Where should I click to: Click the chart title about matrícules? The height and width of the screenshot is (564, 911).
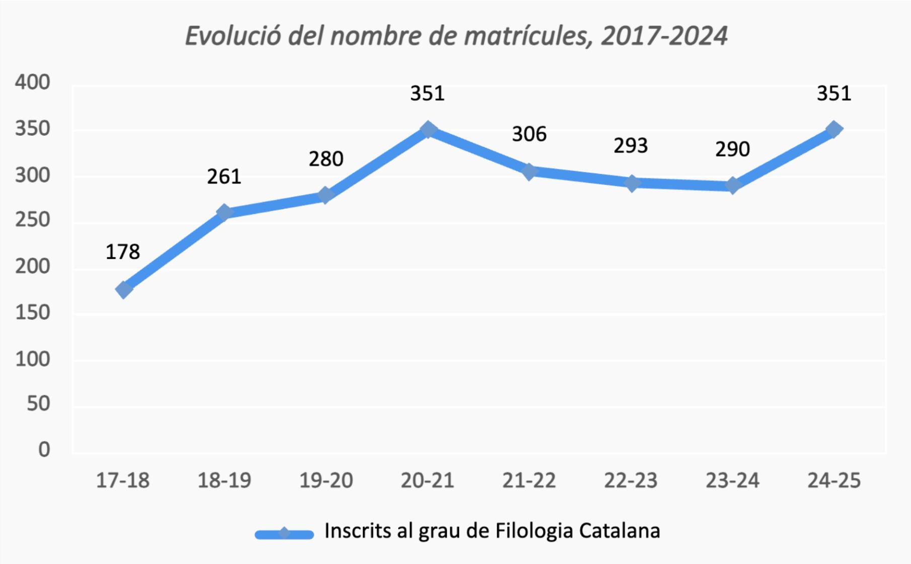pyautogui.click(x=456, y=36)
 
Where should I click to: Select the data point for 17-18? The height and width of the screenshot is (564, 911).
pyautogui.click(x=124, y=290)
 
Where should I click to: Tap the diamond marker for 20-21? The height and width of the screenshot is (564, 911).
pyautogui.click(x=428, y=130)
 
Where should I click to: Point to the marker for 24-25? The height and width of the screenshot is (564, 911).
pyautogui.click(x=834, y=130)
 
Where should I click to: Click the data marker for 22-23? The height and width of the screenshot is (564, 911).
pyautogui.click(x=632, y=183)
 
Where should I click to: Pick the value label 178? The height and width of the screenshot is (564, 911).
pyautogui.click(x=123, y=252)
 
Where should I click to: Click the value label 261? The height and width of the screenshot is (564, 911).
pyautogui.click(x=224, y=177)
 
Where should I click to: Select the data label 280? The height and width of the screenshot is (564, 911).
pyautogui.click(x=326, y=159)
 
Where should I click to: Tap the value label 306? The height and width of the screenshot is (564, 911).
pyautogui.click(x=529, y=134)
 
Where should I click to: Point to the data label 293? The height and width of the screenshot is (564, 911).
pyautogui.click(x=631, y=146)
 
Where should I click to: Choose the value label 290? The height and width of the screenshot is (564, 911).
pyautogui.click(x=732, y=149)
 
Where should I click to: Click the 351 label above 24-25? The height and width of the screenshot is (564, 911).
pyautogui.click(x=834, y=93)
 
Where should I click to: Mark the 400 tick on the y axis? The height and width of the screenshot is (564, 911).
pyautogui.click(x=33, y=82)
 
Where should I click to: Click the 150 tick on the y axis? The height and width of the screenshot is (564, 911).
pyautogui.click(x=33, y=313)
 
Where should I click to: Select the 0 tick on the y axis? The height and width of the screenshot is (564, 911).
pyautogui.click(x=44, y=449)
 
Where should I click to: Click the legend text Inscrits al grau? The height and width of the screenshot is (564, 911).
pyautogui.click(x=492, y=531)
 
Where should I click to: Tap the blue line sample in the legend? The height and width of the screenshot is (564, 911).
pyautogui.click(x=284, y=534)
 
